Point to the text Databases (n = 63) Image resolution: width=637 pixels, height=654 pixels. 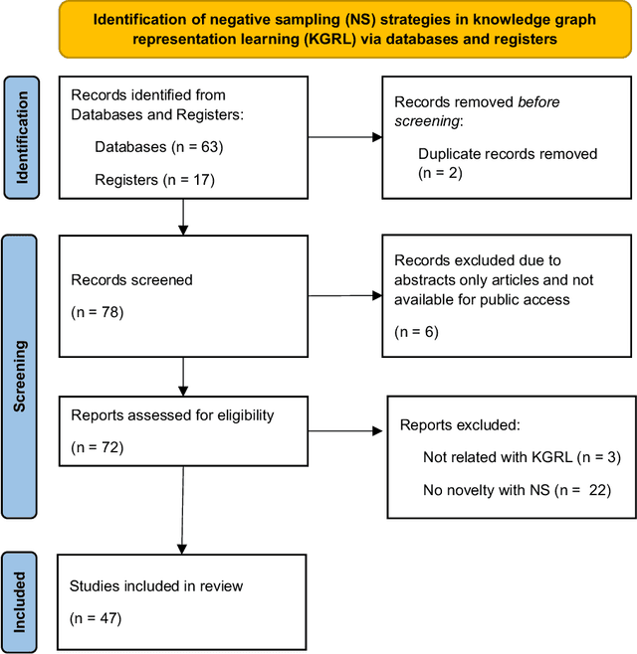158,146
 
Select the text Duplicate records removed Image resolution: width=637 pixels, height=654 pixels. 508,154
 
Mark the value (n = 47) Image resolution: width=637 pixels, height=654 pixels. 96,617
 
